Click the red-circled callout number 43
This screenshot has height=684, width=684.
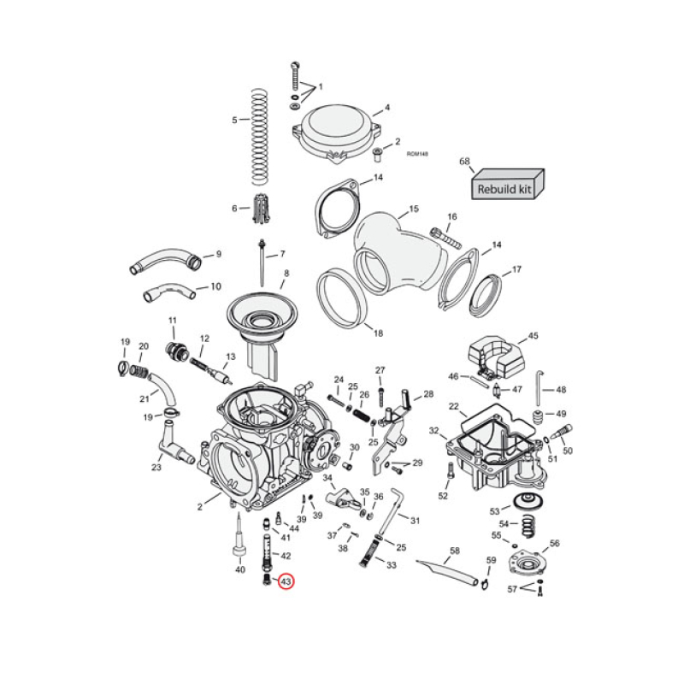tap(286, 582)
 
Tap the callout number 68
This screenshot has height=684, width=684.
tap(464, 161)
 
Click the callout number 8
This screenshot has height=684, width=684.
tap(286, 273)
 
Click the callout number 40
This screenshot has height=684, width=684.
tap(240, 569)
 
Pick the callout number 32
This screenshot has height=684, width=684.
tap(433, 430)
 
